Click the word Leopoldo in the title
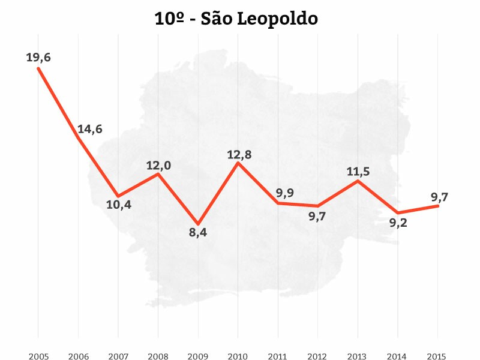[x=277, y=20]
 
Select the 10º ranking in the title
[x=169, y=19]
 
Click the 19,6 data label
[x=38, y=57]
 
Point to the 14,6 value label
[x=89, y=129]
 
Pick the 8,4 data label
[x=198, y=232]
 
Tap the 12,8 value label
[x=239, y=155]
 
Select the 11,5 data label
[x=358, y=172]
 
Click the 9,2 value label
[x=398, y=223]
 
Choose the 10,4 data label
[x=119, y=205]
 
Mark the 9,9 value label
[x=285, y=193]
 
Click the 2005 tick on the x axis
[x=38, y=356]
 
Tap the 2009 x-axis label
[x=198, y=356]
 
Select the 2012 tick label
[x=317, y=356]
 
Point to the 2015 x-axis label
[x=437, y=356]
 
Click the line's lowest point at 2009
[x=198, y=224]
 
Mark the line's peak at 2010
[x=238, y=163]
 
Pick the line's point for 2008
[x=158, y=174]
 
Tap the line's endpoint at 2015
[x=438, y=206]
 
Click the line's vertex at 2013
[x=358, y=181]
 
